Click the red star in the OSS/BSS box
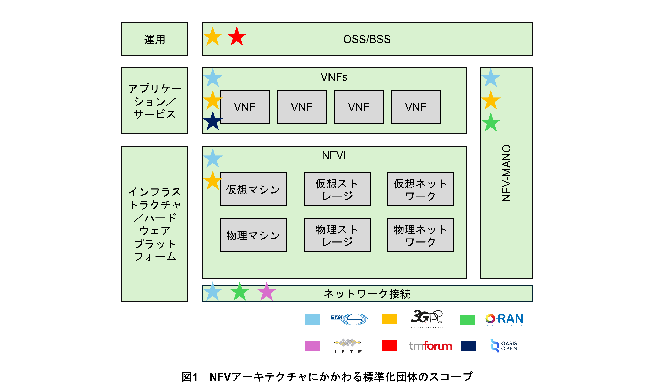[x=236, y=37]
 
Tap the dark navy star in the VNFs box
[x=213, y=121]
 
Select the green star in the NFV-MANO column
[x=491, y=123]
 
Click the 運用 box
[x=155, y=39]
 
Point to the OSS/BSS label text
[x=367, y=39]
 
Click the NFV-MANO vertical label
[x=506, y=173]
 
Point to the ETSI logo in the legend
[x=349, y=319]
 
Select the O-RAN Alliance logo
[x=504, y=319]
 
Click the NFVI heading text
[x=334, y=155]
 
